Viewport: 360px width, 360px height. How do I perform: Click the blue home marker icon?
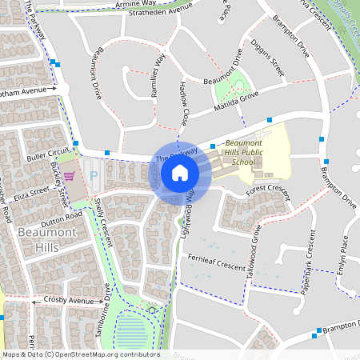[x=180, y=172]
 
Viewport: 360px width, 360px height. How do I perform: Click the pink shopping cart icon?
[x=70, y=175]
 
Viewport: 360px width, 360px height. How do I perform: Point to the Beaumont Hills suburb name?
[x=36, y=240]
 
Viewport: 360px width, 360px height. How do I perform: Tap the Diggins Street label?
[x=267, y=56]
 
